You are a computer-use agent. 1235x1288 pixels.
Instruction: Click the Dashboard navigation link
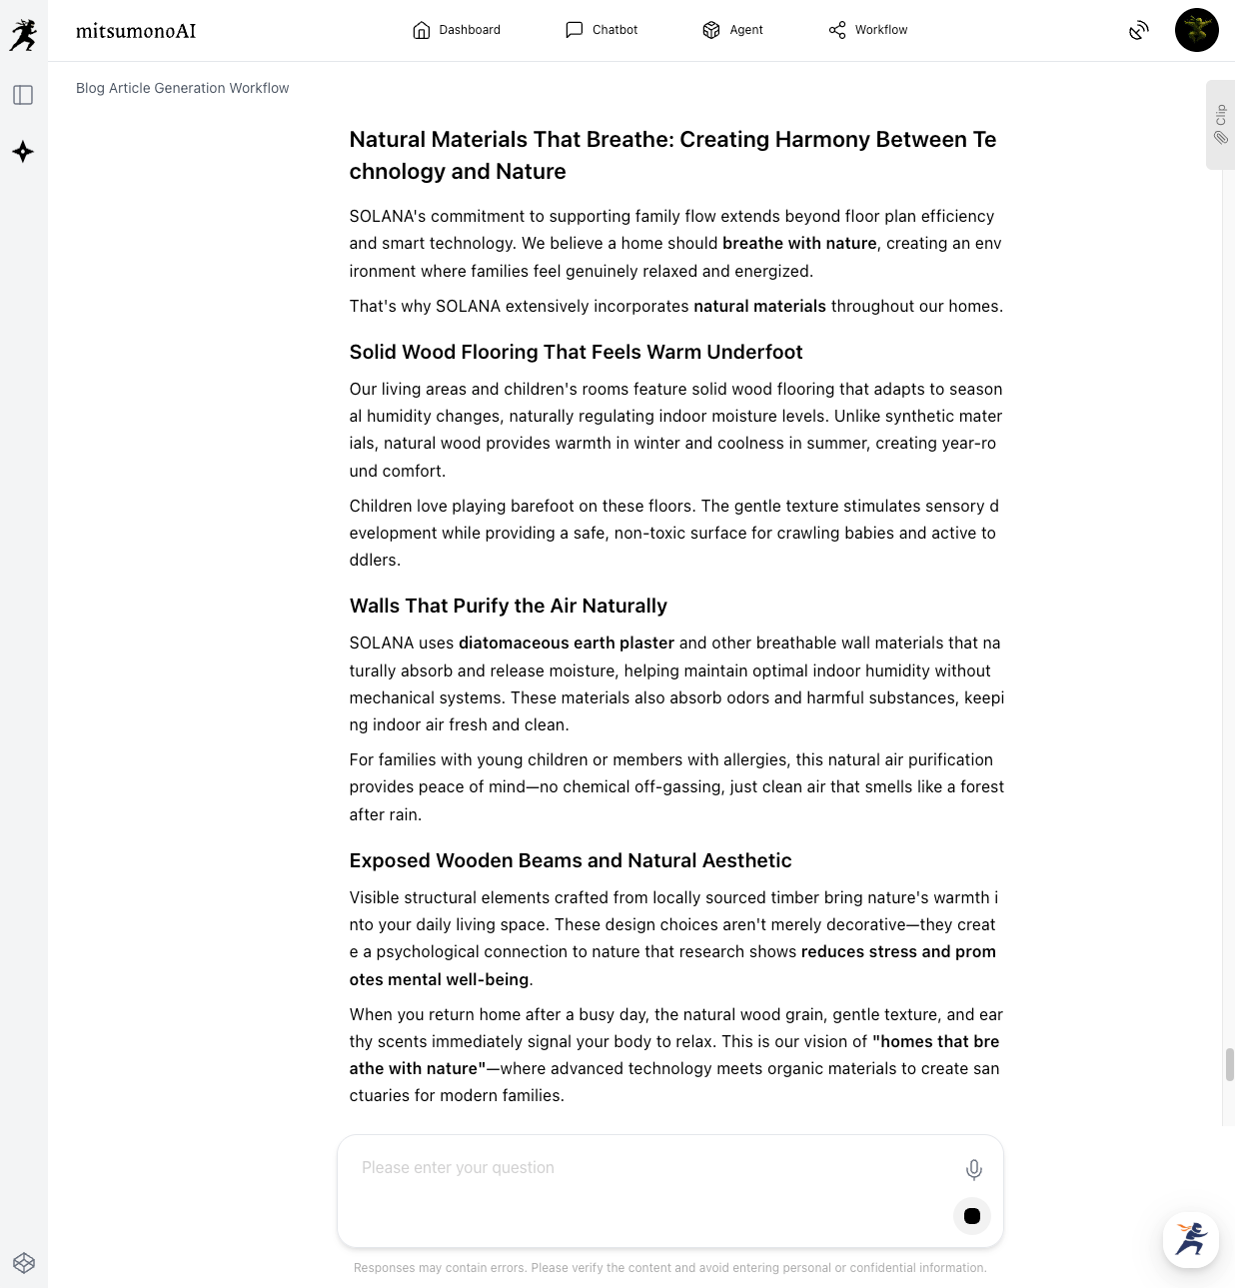(457, 30)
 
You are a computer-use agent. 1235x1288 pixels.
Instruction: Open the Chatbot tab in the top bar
(602, 30)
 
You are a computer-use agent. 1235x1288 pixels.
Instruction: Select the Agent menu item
(732, 30)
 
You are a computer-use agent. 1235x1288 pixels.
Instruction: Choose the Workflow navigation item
(868, 30)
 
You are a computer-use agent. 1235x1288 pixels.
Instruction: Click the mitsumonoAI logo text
(136, 31)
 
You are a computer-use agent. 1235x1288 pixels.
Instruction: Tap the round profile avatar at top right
(1196, 30)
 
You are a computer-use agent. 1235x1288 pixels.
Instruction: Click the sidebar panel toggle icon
(23, 95)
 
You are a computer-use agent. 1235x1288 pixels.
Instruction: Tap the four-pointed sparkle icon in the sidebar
(23, 152)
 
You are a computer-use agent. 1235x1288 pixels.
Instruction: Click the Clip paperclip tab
(1220, 125)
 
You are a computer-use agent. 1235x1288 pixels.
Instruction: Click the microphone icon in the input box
(973, 1169)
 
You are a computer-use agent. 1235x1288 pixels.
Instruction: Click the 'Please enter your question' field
(649, 1168)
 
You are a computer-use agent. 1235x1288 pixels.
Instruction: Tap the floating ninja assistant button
(1190, 1240)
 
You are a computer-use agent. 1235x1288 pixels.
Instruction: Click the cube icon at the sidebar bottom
(24, 1263)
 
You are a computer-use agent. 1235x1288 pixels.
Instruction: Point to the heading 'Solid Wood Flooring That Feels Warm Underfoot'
(576, 352)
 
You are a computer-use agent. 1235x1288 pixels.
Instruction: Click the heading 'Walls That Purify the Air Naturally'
(508, 606)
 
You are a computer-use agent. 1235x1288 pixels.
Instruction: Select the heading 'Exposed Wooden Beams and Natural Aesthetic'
(570, 860)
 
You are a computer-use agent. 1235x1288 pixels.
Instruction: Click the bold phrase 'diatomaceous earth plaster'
(566, 643)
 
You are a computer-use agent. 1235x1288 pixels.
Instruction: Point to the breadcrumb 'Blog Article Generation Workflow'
(183, 88)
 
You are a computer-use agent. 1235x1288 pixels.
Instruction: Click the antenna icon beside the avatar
(1138, 31)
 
